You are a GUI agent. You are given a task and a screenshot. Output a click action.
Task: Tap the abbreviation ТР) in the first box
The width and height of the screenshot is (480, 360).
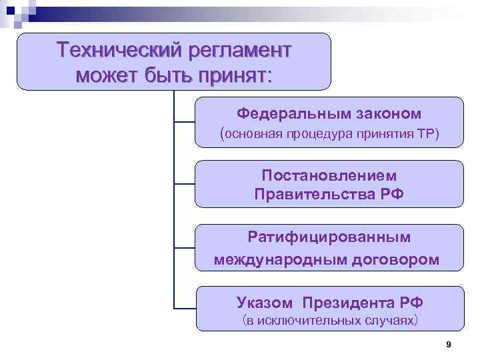pyautogui.click(x=429, y=134)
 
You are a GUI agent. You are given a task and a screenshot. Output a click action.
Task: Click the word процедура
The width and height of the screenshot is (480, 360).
pyautogui.click(x=323, y=134)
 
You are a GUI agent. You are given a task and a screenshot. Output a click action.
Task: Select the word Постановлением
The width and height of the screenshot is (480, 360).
pyautogui.click(x=329, y=175)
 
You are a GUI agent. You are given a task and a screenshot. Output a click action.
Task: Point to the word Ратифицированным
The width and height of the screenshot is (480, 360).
pyautogui.click(x=329, y=237)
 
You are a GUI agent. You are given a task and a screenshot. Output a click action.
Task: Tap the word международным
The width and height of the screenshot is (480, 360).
pyautogui.click(x=279, y=259)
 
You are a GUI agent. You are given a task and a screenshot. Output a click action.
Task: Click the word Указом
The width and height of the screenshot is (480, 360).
pyautogui.click(x=264, y=303)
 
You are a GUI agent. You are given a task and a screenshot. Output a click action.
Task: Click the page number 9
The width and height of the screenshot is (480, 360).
pyautogui.click(x=448, y=345)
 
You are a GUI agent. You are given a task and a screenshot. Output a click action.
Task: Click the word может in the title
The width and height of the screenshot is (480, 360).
pyautogui.click(x=106, y=75)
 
